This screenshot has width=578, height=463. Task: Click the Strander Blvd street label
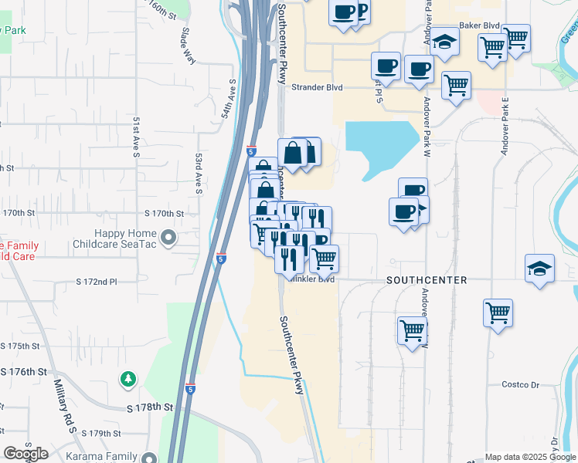click(317, 87)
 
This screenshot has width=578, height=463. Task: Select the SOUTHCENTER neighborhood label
click(427, 280)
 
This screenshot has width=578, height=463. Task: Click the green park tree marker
click(127, 379)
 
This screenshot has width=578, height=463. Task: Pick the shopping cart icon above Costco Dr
click(498, 313)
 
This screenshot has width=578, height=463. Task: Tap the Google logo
click(25, 454)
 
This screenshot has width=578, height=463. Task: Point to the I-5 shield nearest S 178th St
click(190, 389)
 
